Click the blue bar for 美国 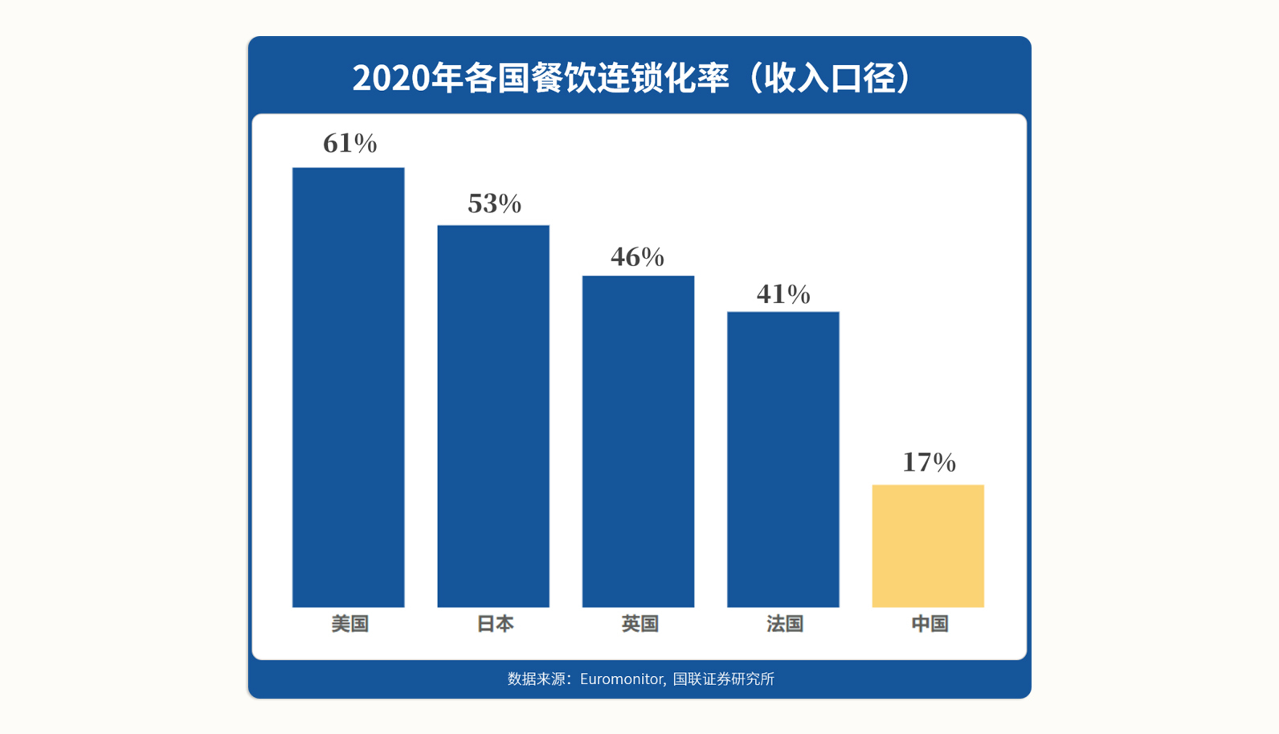[x=348, y=387]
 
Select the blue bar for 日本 [x=493, y=416]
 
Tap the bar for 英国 [x=638, y=441]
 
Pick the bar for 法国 [x=783, y=459]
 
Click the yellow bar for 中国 [x=928, y=545]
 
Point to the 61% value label [x=349, y=144]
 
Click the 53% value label [x=494, y=204]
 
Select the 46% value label [x=637, y=257]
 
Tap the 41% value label [x=783, y=294]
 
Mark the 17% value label [x=929, y=462]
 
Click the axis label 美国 [x=349, y=624]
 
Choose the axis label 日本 [x=495, y=624]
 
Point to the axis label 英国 [x=639, y=624]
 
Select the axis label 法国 [x=785, y=624]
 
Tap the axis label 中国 [x=930, y=624]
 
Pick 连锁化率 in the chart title [x=664, y=78]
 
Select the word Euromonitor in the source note [x=622, y=679]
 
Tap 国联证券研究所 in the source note [x=723, y=679]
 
